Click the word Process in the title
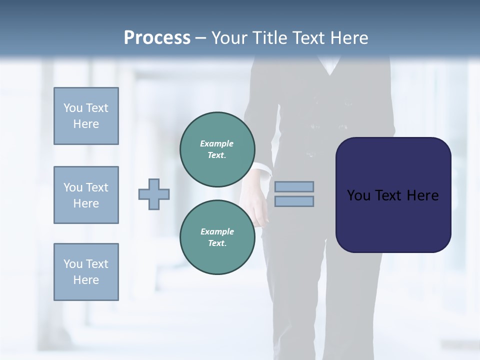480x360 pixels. (157, 38)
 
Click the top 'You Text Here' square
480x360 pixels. (86, 116)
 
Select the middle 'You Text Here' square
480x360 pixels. (86, 195)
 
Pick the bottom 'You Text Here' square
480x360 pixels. (86, 272)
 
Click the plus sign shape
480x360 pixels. (154, 193)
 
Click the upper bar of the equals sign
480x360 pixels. (294, 186)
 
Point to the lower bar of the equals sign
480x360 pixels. (294, 201)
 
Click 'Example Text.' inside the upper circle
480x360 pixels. (217, 149)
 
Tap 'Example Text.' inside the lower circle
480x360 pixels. (217, 237)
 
